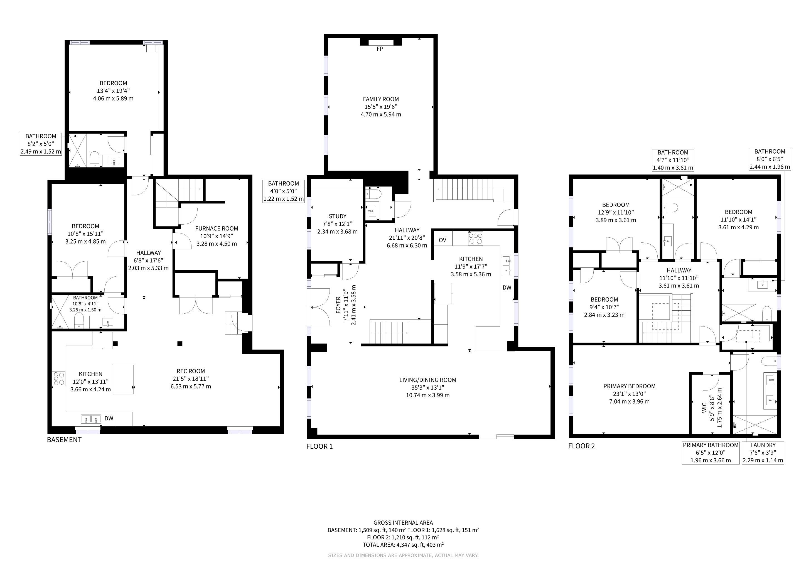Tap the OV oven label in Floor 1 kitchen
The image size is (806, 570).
tap(442, 240)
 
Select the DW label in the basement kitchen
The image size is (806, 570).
tap(109, 418)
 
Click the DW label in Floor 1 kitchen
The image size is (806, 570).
tap(507, 288)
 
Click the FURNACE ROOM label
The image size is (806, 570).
tap(217, 229)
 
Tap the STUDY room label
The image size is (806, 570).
tap(338, 216)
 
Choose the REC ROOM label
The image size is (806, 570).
tap(191, 371)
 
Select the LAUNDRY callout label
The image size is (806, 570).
tap(763, 445)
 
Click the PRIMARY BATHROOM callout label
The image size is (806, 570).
tap(711, 445)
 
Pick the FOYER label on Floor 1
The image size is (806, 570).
tap(338, 305)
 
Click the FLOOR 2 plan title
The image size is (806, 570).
tap(582, 446)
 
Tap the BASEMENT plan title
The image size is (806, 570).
tap(64, 440)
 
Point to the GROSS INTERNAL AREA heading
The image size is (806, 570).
tap(403, 523)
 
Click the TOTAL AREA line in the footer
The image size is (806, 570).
tap(403, 545)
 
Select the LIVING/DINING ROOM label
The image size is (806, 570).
tap(427, 380)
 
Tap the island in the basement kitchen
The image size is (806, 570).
tap(123, 379)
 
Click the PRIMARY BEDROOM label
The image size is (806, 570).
tap(630, 386)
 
